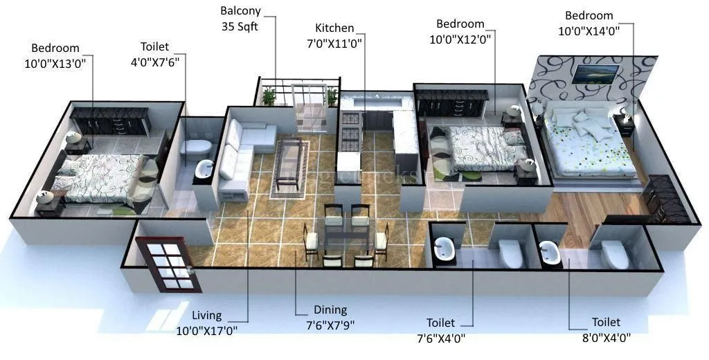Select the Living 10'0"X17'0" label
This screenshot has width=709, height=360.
(208, 323)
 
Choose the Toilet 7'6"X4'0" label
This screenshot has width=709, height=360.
(440, 330)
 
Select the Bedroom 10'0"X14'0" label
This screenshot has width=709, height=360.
(589, 23)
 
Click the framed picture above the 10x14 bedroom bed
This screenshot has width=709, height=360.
(595, 73)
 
